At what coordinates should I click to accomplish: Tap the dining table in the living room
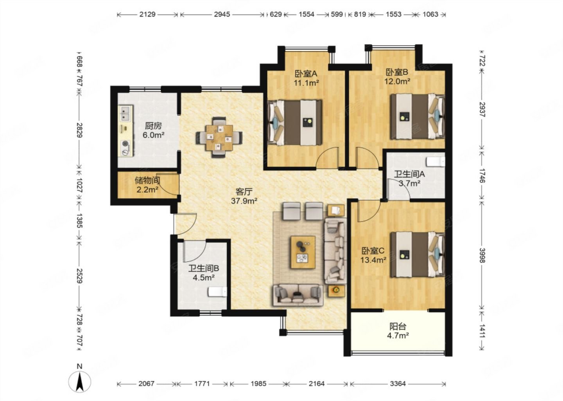tap(219, 137)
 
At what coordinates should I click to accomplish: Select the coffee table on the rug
tap(303, 252)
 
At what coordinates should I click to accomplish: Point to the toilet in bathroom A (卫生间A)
tap(436, 161)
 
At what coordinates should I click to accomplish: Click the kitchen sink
tap(126, 113)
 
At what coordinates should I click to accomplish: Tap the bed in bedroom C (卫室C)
tap(418, 255)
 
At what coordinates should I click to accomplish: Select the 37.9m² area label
tap(244, 201)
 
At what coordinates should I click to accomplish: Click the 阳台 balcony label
tap(398, 327)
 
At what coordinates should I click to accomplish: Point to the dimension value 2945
tap(222, 14)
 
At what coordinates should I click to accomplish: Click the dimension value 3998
tap(482, 255)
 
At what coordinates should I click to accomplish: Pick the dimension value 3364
tap(398, 384)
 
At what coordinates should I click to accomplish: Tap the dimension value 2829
tap(79, 130)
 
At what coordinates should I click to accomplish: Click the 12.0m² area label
tap(397, 81)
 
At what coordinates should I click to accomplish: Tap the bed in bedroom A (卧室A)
tap(294, 123)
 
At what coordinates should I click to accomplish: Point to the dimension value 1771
tap(202, 384)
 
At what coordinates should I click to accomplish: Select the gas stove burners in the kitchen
tap(126, 148)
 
